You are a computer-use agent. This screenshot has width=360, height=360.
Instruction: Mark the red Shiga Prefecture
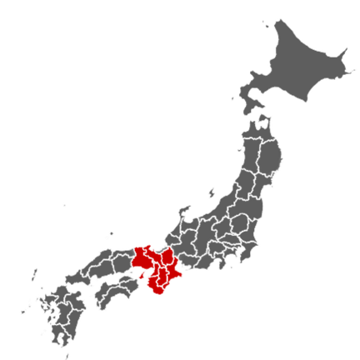pyautogui.click(x=167, y=255)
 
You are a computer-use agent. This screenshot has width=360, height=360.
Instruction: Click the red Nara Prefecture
pyautogui.click(x=161, y=276)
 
